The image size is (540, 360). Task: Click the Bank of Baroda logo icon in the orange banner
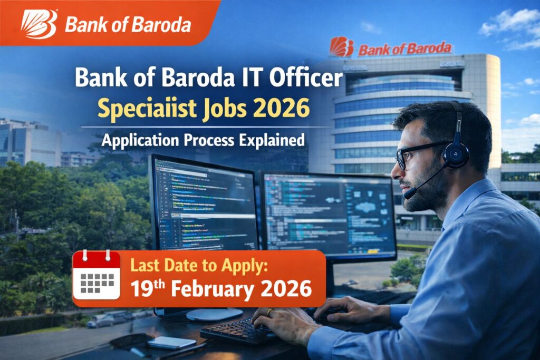tap(38, 24)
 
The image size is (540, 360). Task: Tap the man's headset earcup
tap(455, 154)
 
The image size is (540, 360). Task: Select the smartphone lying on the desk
tap(171, 343)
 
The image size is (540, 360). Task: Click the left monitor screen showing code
tap(203, 203)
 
